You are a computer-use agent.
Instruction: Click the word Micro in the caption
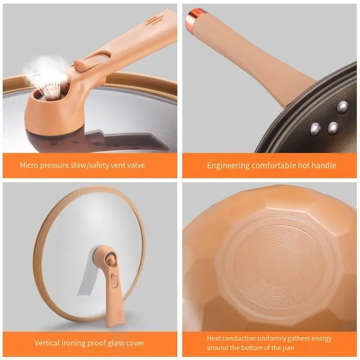click(x=29, y=165)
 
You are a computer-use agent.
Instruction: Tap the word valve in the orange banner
click(x=135, y=165)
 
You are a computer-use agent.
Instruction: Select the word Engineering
click(x=228, y=165)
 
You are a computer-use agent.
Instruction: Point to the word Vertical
click(x=48, y=343)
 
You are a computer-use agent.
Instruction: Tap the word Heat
click(x=215, y=338)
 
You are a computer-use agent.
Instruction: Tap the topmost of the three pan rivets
click(x=343, y=107)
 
